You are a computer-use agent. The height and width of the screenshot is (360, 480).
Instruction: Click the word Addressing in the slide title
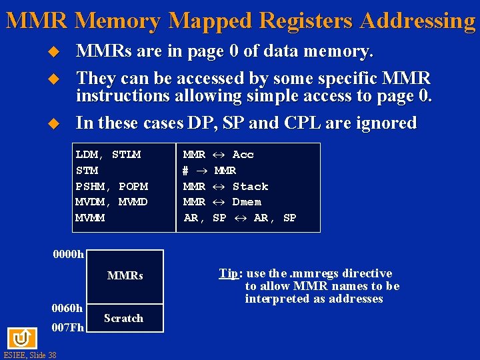point(417,21)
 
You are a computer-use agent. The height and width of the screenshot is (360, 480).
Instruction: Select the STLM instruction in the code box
point(127,155)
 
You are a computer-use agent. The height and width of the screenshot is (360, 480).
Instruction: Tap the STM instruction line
point(87,171)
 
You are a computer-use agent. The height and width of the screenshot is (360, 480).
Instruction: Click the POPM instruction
point(133,187)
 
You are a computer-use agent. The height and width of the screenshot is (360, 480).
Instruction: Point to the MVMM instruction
point(90,218)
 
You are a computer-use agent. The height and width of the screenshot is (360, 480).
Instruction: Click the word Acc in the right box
point(243,155)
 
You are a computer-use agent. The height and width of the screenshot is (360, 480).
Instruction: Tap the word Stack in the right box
point(250,187)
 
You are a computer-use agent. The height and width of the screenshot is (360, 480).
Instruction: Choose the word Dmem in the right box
point(247,202)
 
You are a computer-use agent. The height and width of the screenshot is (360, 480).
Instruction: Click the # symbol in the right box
point(186,171)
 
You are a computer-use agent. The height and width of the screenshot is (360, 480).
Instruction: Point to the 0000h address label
point(68,254)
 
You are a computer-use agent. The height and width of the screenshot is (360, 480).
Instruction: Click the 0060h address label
point(67,308)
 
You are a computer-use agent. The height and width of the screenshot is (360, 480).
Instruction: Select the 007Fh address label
point(67,327)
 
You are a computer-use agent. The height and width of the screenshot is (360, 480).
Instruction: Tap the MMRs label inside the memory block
point(125,275)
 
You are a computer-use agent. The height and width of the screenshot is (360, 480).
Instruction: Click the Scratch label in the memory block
point(124,318)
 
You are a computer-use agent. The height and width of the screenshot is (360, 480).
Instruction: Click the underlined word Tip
point(228,273)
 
